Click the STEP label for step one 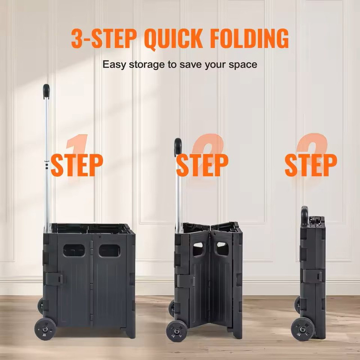click(76, 165)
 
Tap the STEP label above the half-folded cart click(202, 165)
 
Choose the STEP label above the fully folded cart click(310, 165)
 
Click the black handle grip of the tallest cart click(46, 91)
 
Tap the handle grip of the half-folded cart click(178, 146)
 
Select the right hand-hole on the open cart click(109, 250)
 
